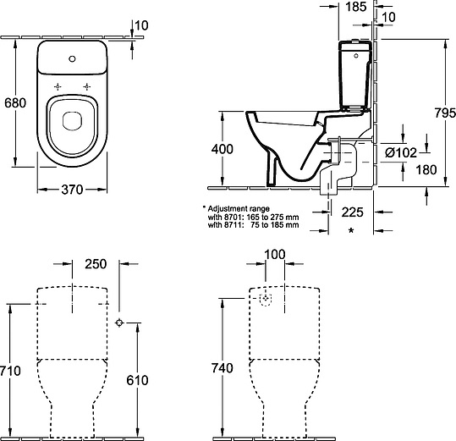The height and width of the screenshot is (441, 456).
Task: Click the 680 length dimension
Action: tap(15, 103)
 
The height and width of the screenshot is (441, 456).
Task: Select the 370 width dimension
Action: tap(72, 190)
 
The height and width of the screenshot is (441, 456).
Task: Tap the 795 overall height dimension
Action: tap(445, 113)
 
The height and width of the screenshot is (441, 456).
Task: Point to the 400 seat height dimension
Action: tap(223, 149)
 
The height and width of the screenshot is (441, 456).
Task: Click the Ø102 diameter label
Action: tap(401, 152)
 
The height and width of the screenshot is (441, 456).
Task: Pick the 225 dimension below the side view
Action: tap(353, 212)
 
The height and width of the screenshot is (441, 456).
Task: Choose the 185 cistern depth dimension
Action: tap(356, 7)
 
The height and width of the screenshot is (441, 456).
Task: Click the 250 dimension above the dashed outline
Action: tap(96, 264)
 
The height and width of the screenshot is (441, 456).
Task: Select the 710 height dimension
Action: tap(10, 371)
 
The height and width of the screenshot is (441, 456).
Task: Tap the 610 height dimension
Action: tap(137, 380)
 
